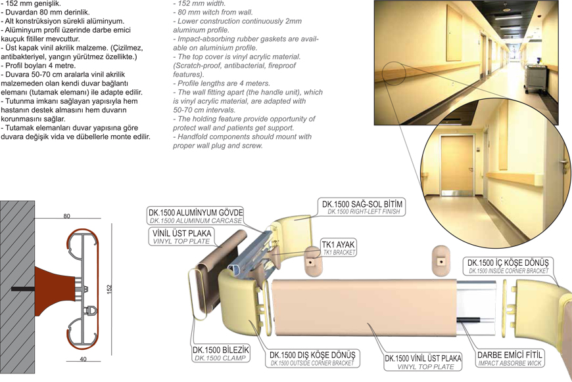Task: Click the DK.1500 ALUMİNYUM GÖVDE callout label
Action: (x=196, y=217)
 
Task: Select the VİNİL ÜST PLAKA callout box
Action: (x=181, y=237)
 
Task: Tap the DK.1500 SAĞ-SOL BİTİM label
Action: (x=362, y=207)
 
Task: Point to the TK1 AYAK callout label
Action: (x=338, y=247)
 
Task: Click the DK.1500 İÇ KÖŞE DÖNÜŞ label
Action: (x=508, y=266)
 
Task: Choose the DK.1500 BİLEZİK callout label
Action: (x=221, y=354)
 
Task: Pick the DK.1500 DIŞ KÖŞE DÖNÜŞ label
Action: (x=312, y=358)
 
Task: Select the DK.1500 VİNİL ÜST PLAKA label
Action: (x=423, y=362)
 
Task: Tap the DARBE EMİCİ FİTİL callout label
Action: (x=510, y=358)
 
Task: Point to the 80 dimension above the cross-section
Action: (x=67, y=216)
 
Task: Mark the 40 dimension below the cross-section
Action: (x=83, y=359)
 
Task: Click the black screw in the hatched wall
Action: (x=23, y=289)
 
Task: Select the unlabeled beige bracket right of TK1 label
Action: (x=441, y=261)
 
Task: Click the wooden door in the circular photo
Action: (x=457, y=164)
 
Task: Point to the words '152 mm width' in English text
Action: (x=202, y=4)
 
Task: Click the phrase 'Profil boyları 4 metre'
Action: (x=40, y=66)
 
